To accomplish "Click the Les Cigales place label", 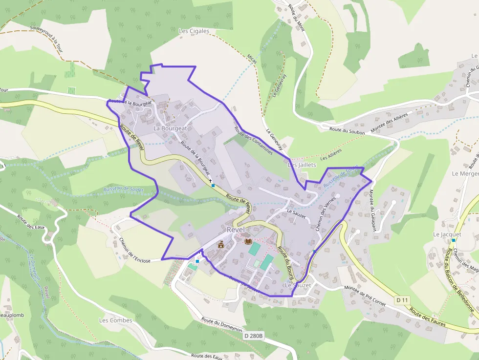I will pyautogui.click(x=194, y=31).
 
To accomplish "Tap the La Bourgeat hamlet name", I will pyautogui.click(x=170, y=128).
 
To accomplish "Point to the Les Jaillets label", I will pyautogui.click(x=302, y=165).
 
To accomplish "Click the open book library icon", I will pyautogui.click(x=248, y=241).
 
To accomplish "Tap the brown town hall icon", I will pyautogui.click(x=221, y=244).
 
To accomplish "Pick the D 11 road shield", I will pyautogui.click(x=402, y=299).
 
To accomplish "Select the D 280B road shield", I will pyautogui.click(x=254, y=336).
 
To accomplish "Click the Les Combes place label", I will pyautogui.click(x=116, y=320).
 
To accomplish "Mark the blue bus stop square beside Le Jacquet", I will pyautogui.click(x=454, y=240).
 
